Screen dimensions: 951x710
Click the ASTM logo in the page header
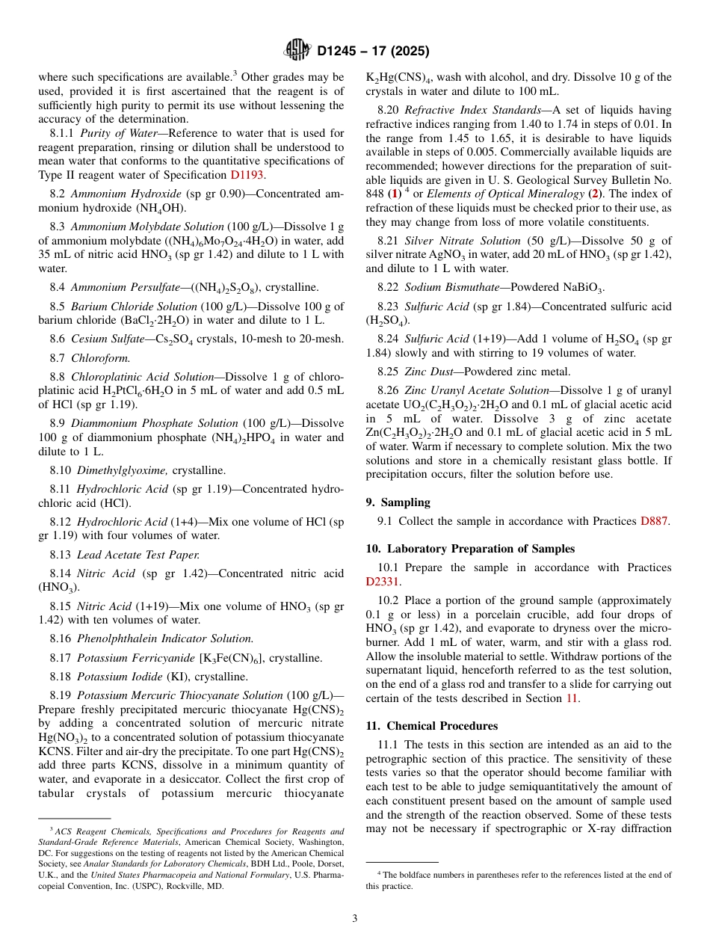[x=297, y=51]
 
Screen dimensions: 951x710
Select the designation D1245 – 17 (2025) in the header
[x=373, y=52]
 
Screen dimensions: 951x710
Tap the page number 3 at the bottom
[x=355, y=919]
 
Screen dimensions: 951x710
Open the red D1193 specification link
[x=247, y=176]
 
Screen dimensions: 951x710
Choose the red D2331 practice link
[x=383, y=582]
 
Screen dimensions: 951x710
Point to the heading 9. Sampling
[x=398, y=502]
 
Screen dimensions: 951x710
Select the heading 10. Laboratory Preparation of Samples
[x=470, y=549]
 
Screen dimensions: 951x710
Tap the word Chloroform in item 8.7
[x=100, y=358]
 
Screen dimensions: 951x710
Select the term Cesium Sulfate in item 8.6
[x=105, y=339]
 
